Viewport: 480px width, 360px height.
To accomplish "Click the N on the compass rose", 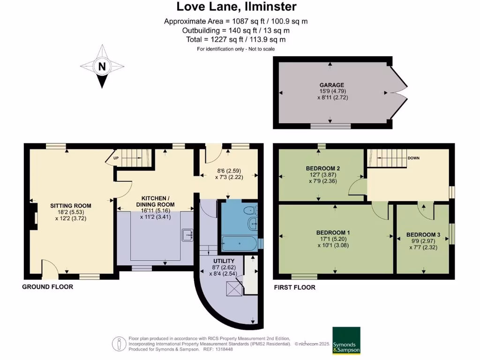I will click(101, 67).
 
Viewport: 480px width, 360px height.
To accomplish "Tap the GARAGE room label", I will click(332, 85).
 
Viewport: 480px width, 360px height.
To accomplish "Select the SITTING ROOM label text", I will click(71, 205).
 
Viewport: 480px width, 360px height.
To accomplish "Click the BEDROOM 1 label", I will click(333, 232).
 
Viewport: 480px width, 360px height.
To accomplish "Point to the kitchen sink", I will click(187, 233).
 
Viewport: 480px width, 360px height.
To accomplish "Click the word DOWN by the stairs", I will click(413, 158).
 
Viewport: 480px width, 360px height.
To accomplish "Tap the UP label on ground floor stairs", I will click(115, 158).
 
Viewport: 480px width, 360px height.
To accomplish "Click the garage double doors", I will click(398, 93).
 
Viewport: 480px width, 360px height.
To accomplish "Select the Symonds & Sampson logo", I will click(346, 340).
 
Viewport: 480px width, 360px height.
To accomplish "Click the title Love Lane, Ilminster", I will click(236, 7).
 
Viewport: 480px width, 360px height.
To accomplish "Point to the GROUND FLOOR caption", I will click(48, 286).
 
